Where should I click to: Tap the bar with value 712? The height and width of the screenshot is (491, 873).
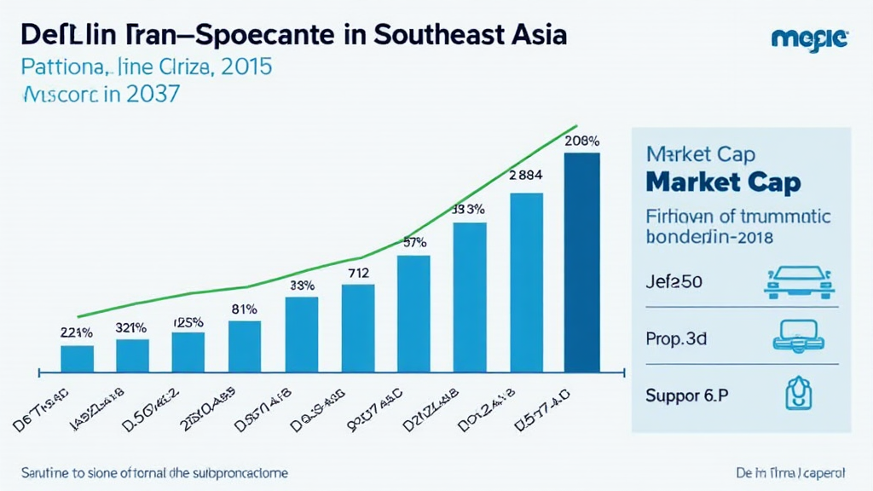tap(358, 328)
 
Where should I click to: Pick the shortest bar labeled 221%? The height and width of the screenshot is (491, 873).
tap(78, 358)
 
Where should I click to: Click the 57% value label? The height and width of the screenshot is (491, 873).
tap(414, 242)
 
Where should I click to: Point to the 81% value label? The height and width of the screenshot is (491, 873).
tap(245, 309)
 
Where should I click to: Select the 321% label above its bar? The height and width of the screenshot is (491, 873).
tap(131, 327)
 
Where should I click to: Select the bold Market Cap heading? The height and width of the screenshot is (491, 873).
tap(724, 182)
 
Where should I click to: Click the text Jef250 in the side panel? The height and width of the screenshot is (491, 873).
tap(674, 283)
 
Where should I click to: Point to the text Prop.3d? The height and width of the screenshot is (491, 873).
tap(676, 338)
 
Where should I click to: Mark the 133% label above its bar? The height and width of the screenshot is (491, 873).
tap(469, 209)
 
